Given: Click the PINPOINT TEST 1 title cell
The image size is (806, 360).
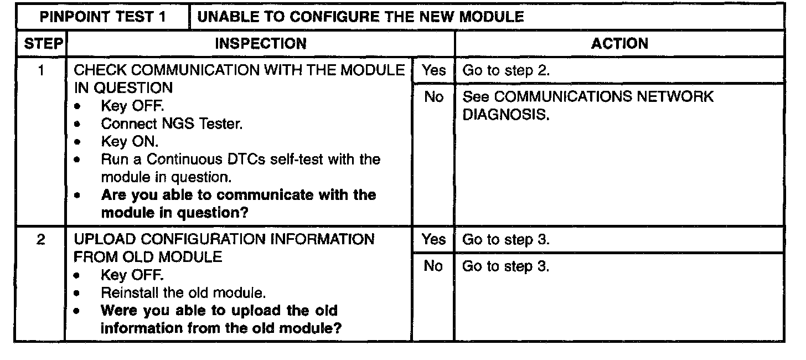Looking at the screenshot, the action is click(103, 17).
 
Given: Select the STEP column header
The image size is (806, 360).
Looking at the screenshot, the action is click(41, 43).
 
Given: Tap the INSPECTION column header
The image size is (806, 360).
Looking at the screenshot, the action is click(260, 43).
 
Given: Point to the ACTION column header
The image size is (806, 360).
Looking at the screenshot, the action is click(619, 43).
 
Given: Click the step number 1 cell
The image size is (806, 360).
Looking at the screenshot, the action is click(41, 70).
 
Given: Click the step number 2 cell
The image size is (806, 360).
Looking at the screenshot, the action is click(41, 240).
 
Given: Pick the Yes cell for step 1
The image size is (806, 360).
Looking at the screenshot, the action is click(433, 70).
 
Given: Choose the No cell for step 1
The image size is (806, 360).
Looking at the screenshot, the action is click(433, 97).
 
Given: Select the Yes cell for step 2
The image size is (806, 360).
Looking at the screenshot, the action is click(433, 240).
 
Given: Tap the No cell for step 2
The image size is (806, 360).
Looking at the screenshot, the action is click(433, 266).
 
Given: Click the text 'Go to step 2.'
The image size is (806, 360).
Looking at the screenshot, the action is click(505, 71).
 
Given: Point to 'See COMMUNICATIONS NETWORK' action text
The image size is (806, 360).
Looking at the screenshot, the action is click(587, 97).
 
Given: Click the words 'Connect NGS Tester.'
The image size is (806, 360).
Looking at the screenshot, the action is click(172, 124).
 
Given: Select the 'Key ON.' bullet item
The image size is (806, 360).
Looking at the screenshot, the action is click(130, 142).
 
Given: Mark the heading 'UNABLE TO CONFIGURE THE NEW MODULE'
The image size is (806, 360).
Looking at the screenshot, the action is click(360, 17).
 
